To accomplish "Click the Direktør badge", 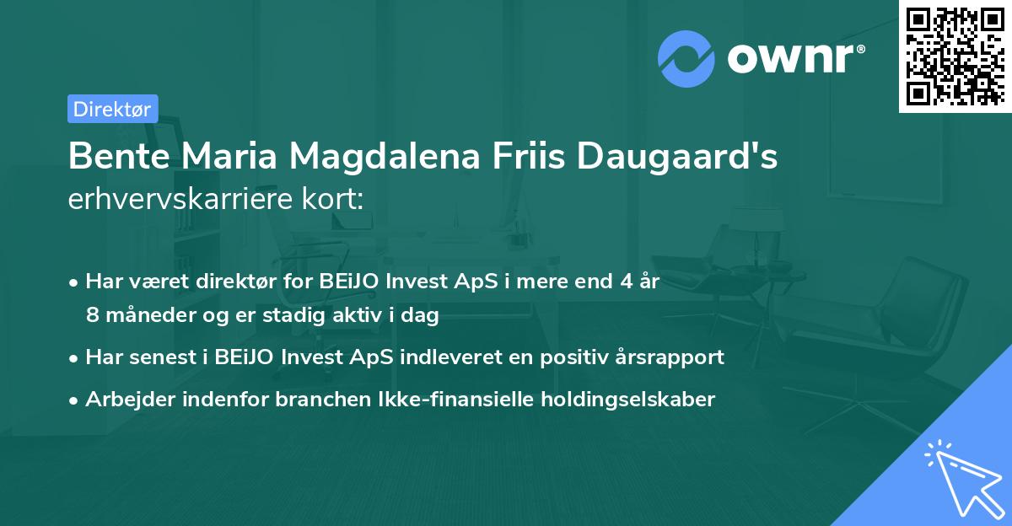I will (112, 109).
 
